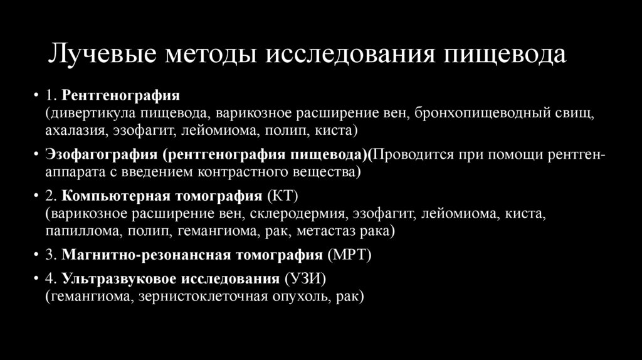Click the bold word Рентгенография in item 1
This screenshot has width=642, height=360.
point(120,95)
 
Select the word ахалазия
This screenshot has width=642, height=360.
point(76,131)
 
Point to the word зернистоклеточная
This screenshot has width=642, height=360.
point(212,295)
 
